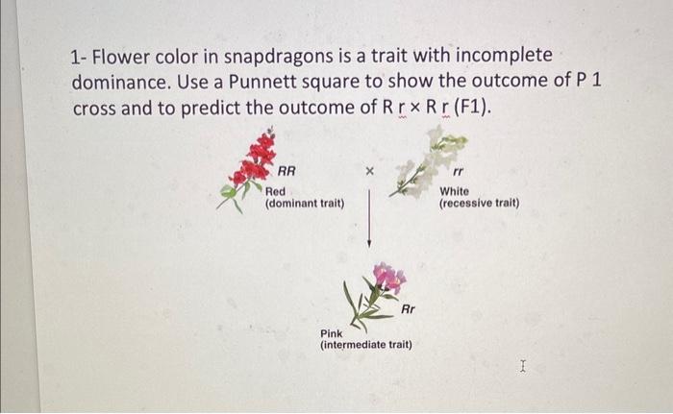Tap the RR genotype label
(287, 173)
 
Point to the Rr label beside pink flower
(408, 309)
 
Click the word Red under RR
(275, 191)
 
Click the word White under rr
(454, 191)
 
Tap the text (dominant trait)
(305, 204)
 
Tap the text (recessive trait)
(479, 204)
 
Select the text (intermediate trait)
(365, 344)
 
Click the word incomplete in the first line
(503, 55)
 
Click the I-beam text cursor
(522, 365)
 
